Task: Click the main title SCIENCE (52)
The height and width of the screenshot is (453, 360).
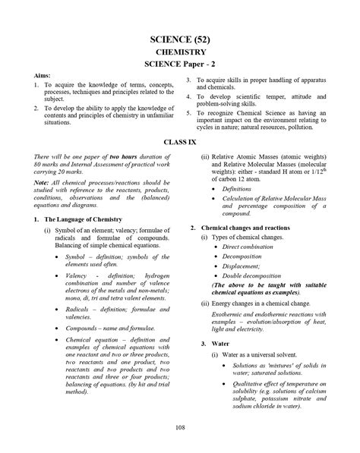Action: coord(179,39)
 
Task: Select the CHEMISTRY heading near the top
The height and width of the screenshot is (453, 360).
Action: coord(179,53)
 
